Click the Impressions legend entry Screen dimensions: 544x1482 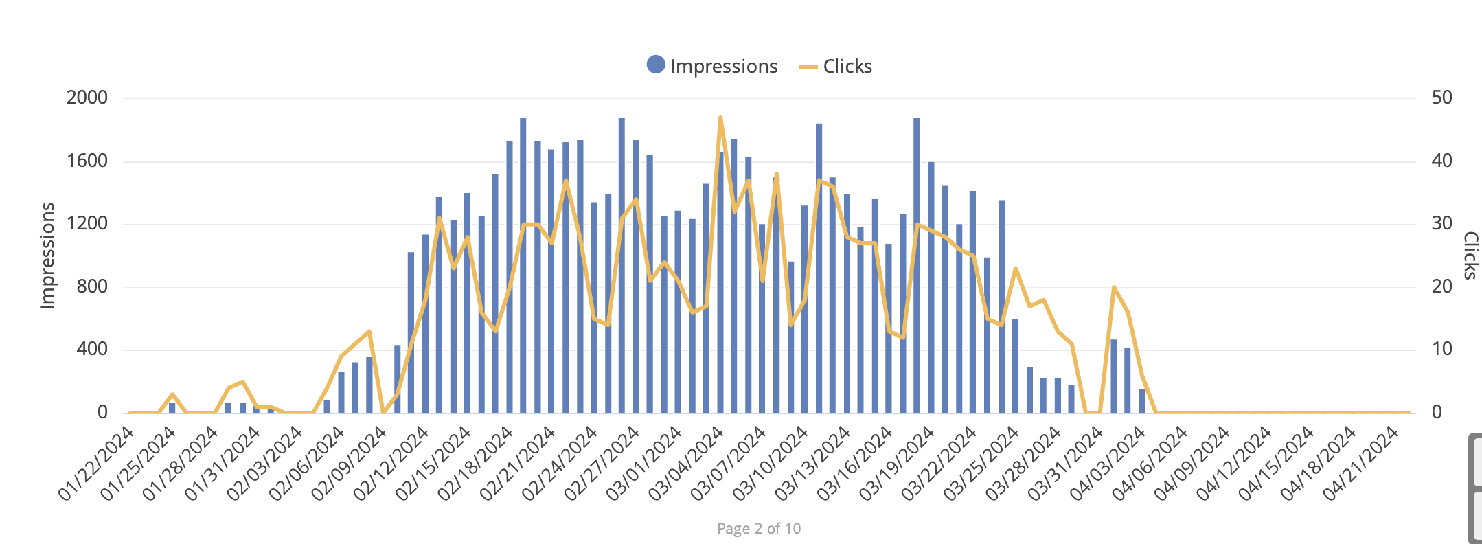[x=713, y=66]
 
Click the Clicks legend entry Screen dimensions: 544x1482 [x=836, y=66]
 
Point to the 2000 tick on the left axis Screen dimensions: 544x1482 [x=87, y=98]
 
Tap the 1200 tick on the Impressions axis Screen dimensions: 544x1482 [x=87, y=224]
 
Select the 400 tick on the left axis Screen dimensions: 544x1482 [x=93, y=350]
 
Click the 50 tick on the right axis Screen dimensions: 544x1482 [x=1441, y=98]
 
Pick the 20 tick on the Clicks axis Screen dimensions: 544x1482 [x=1441, y=286]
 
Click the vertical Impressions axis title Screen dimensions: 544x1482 [x=47, y=256]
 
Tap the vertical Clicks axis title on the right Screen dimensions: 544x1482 [x=1470, y=256]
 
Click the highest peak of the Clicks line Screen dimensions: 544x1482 [x=720, y=118]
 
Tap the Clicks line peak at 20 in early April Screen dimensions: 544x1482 [x=1113, y=287]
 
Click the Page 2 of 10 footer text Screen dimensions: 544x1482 [x=758, y=528]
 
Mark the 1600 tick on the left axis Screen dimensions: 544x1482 [x=87, y=161]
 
